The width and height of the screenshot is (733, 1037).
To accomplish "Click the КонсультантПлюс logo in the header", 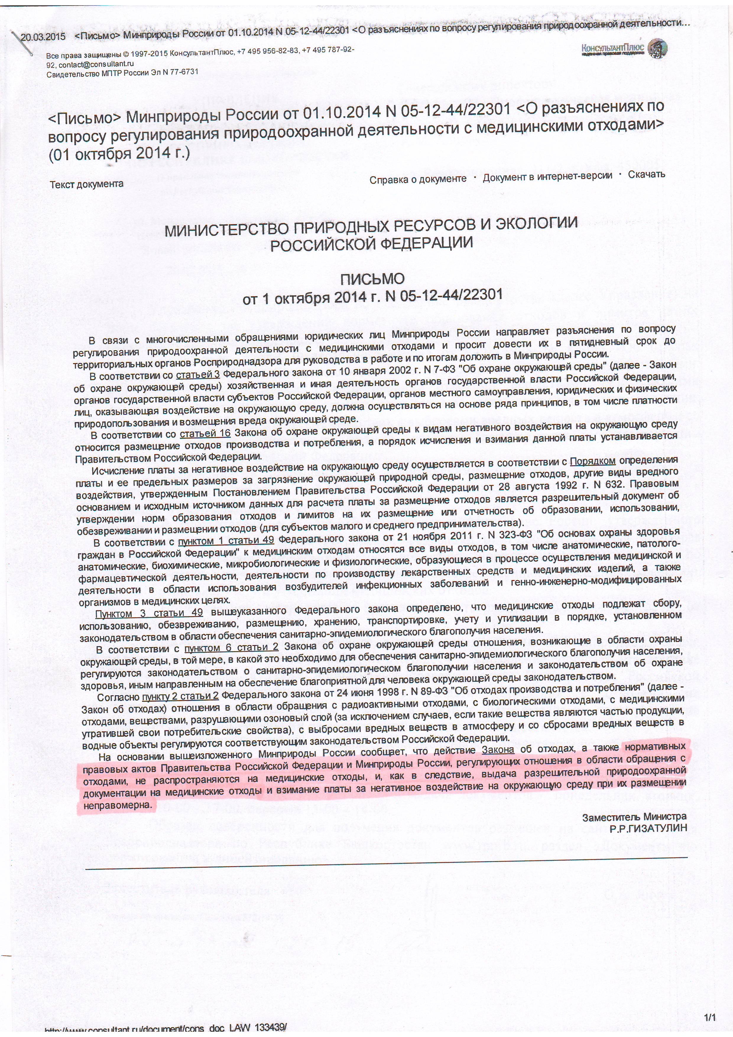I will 624,48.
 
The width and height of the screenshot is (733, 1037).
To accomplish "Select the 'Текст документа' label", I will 86,184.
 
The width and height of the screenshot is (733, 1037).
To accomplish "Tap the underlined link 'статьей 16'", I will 205,434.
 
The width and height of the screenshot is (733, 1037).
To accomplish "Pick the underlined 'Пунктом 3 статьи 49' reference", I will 149,613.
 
